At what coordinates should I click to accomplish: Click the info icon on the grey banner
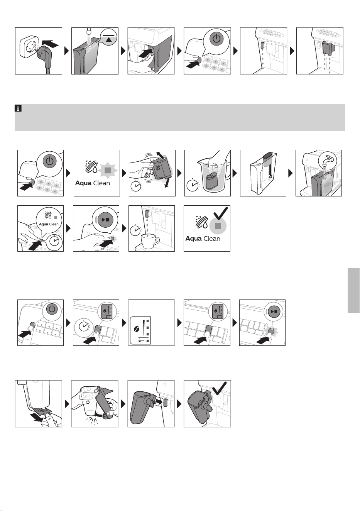18,108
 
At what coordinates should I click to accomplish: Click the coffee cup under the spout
150,240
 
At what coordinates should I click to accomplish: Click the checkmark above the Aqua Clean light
220,213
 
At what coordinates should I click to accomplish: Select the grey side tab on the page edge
353,291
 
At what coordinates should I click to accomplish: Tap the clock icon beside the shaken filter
136,186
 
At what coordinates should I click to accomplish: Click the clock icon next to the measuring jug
192,185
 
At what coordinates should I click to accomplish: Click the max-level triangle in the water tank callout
109,39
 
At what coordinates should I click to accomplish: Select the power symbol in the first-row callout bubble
216,39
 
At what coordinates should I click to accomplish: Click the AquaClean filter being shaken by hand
159,169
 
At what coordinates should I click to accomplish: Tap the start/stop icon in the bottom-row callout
273,311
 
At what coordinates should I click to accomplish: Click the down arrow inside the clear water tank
270,171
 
